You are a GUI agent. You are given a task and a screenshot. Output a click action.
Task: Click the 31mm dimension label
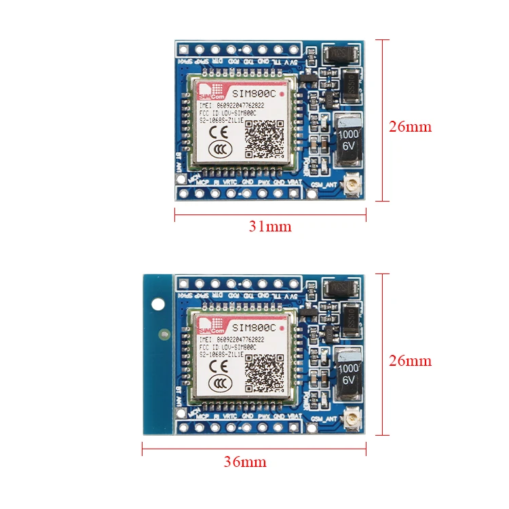point(269,227)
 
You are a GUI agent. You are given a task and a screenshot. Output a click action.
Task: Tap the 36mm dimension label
point(245,462)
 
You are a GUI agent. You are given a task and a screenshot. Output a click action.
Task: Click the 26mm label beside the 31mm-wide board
point(410,126)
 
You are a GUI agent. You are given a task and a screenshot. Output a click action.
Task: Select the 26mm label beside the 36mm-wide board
point(410,360)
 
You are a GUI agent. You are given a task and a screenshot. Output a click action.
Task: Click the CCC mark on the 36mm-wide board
point(219,385)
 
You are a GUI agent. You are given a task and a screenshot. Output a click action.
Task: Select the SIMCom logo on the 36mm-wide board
point(208,323)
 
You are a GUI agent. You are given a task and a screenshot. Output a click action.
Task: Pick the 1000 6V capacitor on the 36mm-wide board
point(347,375)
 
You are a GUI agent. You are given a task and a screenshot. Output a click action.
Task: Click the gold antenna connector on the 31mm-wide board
point(353,185)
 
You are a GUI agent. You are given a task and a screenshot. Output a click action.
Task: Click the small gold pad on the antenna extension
point(164,333)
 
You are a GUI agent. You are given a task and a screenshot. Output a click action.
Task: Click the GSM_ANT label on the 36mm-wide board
point(323,419)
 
